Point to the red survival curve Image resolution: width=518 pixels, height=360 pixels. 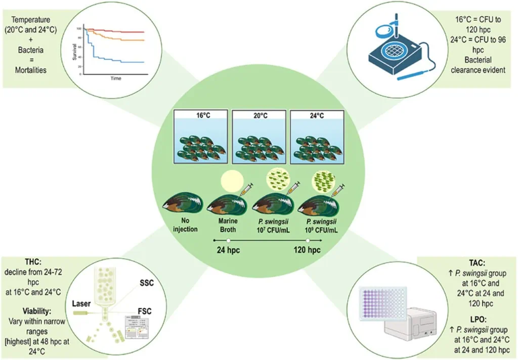121,31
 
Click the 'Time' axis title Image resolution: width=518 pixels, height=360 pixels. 116,79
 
